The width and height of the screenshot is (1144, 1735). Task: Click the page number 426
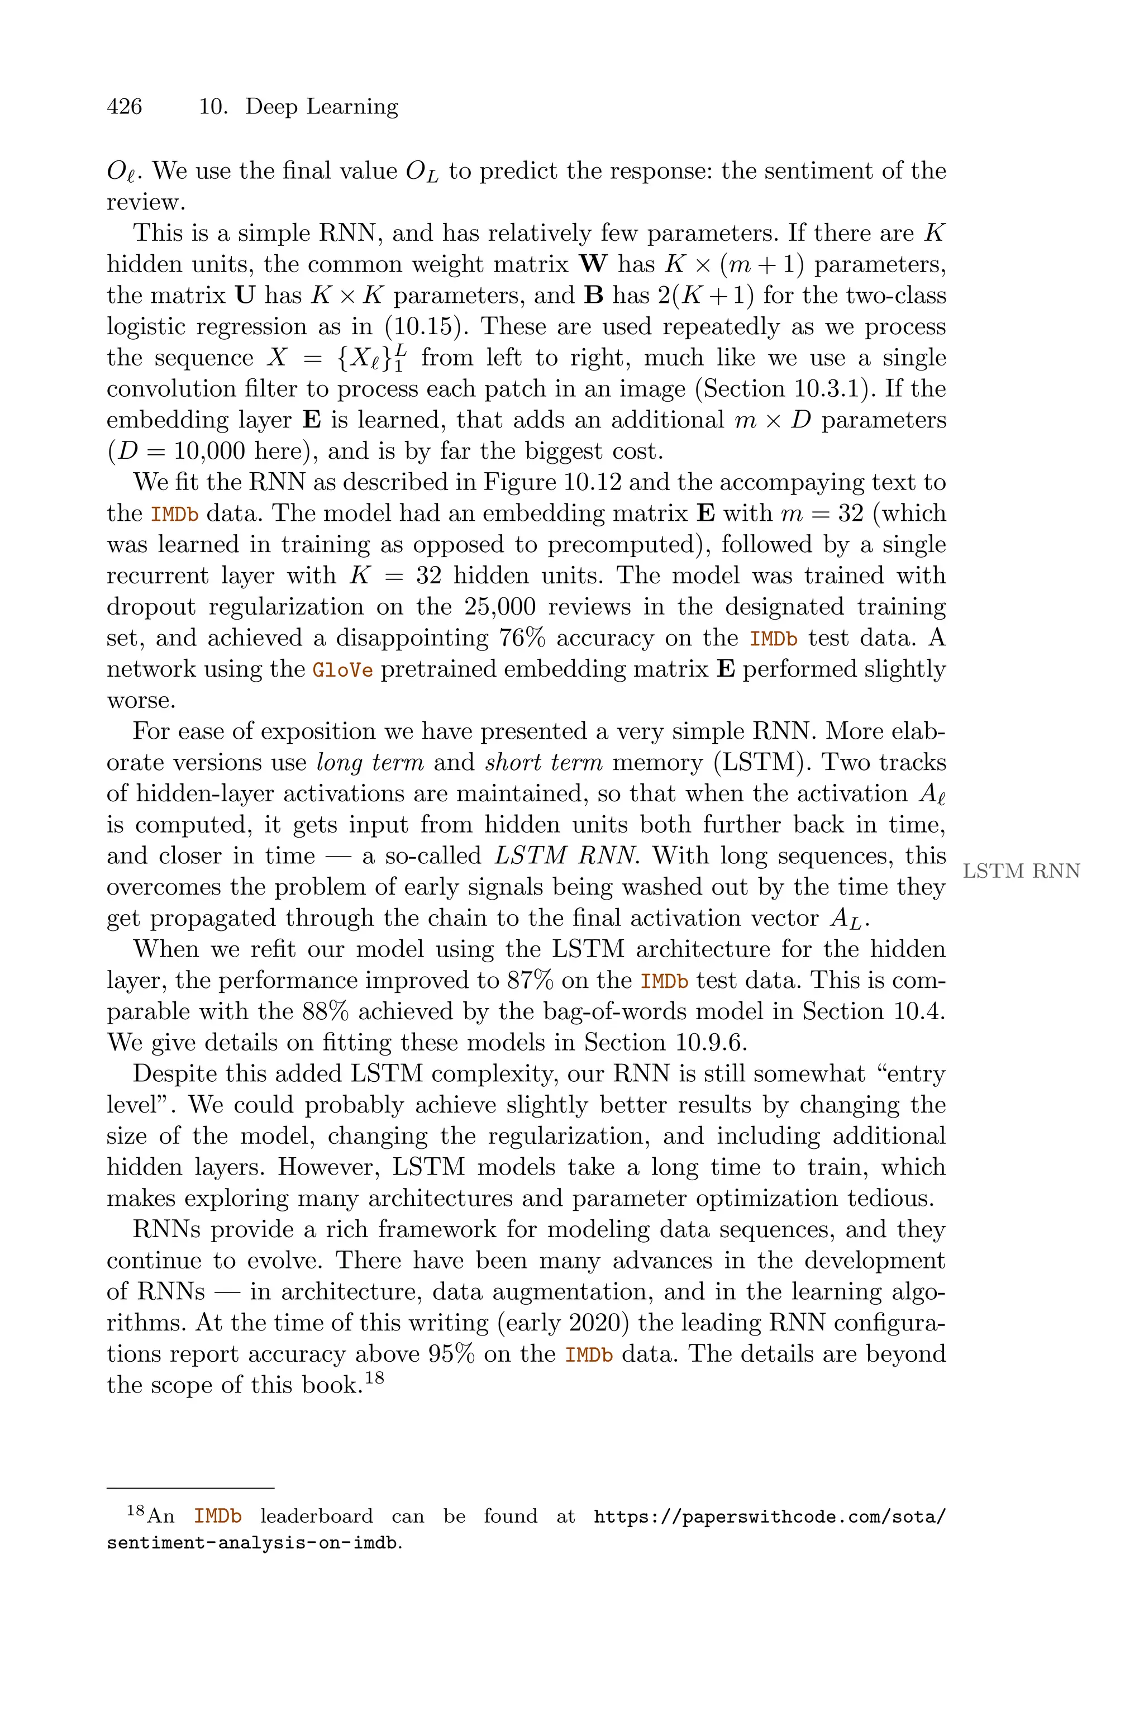[124, 107]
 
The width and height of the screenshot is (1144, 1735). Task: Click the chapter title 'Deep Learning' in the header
[321, 107]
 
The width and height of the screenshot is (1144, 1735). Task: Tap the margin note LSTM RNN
[1021, 871]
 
